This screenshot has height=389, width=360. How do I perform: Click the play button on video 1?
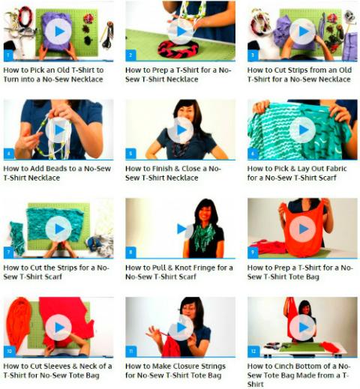[x=58, y=31]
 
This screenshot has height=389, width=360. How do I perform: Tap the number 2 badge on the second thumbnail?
[x=130, y=55]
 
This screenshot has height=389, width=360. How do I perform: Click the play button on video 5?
[x=181, y=130]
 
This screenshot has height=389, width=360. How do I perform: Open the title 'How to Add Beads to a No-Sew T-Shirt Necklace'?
[x=57, y=173]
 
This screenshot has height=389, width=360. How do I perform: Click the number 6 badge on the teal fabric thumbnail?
[x=253, y=154]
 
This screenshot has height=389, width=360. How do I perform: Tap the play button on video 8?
[x=181, y=229]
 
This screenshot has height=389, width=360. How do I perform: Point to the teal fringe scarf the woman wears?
[x=205, y=237]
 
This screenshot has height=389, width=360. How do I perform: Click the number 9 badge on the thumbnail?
[x=253, y=253]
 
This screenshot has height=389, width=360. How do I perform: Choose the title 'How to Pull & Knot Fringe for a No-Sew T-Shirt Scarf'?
[x=179, y=272]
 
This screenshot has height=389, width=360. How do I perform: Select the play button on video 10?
[x=58, y=328]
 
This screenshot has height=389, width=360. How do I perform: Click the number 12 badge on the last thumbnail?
[x=253, y=351]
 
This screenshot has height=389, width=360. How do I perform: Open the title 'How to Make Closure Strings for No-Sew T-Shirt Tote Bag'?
[x=175, y=371]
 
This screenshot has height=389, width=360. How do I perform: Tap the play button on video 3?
[x=303, y=31]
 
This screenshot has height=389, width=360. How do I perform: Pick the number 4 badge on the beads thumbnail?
[x=8, y=154]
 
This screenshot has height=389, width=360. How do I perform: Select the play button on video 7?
[x=58, y=229]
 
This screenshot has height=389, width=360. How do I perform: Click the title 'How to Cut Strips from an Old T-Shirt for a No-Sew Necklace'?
[x=299, y=75]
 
